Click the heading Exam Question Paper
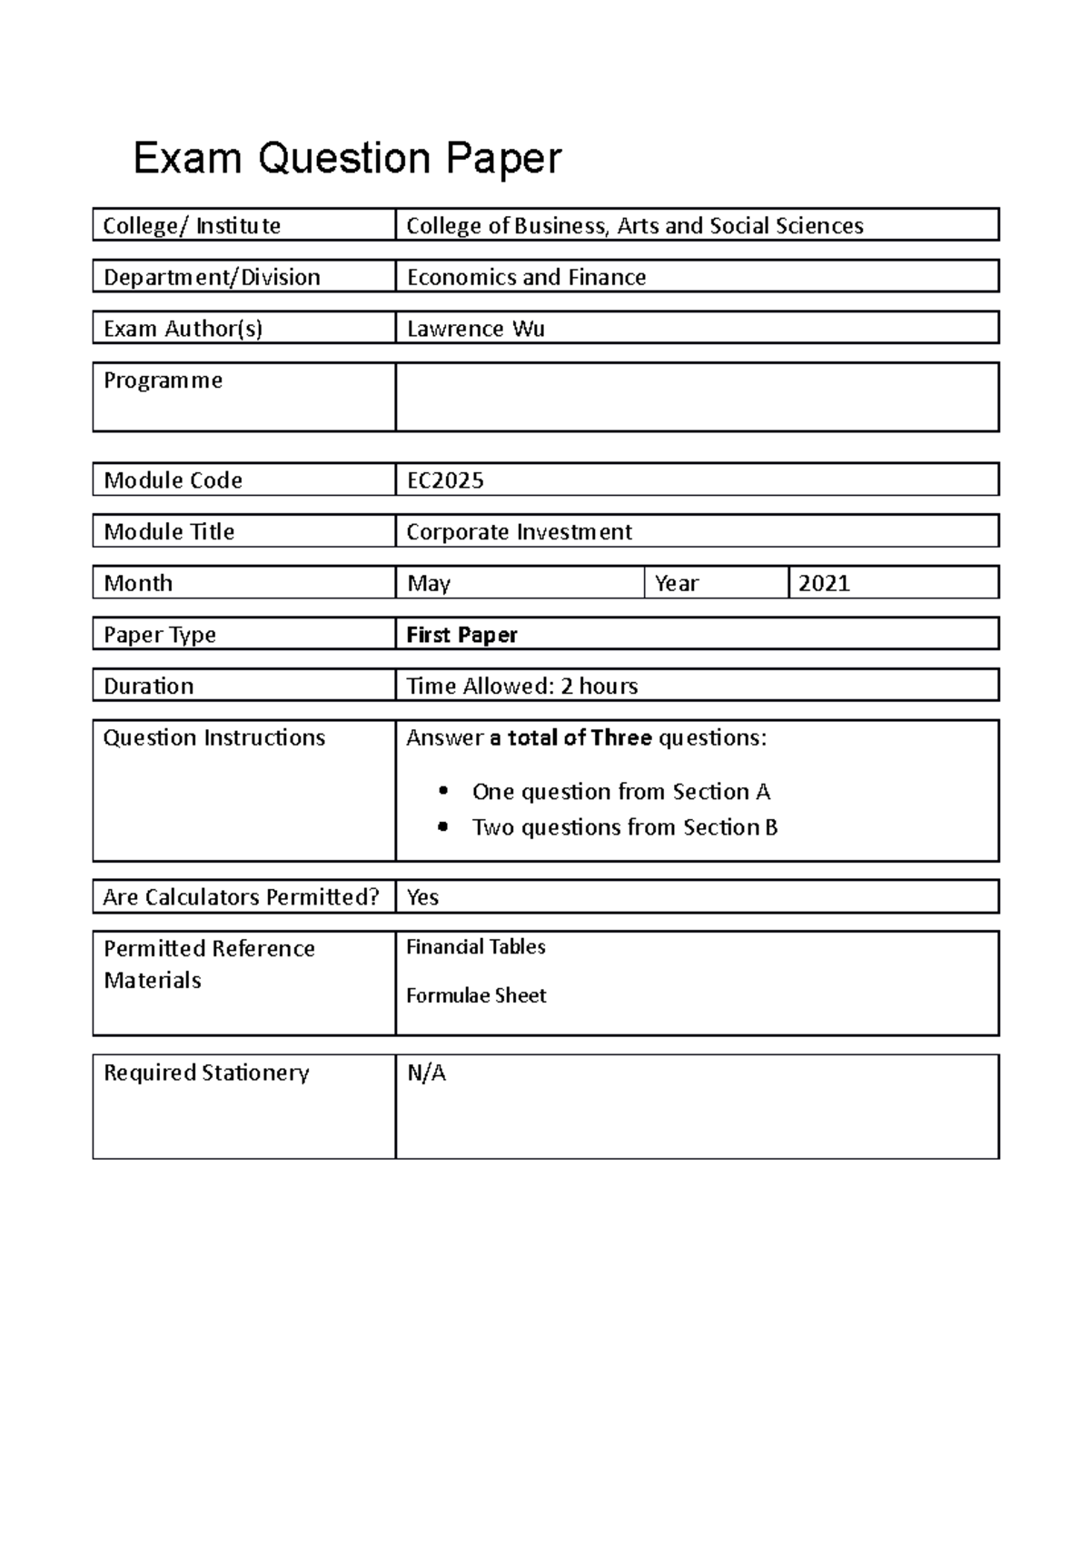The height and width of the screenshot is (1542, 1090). [347, 159]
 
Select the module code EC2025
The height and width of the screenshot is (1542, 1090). [445, 480]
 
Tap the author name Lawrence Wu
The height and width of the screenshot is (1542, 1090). [475, 329]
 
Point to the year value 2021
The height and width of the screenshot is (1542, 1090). [824, 583]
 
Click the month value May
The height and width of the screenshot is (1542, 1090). [429, 583]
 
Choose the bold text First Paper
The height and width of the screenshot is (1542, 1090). [461, 635]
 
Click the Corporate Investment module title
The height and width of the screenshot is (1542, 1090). [519, 532]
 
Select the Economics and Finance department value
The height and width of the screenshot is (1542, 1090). [526, 277]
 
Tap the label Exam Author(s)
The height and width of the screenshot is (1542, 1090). [183, 329]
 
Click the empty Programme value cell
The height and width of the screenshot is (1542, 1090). [697, 397]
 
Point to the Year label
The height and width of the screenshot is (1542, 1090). [677, 583]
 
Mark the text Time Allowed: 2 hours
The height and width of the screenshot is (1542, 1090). [521, 686]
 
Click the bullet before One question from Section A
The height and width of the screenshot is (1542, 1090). [443, 791]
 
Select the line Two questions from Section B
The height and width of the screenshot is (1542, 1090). [624, 827]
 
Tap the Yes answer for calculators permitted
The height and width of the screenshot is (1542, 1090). [422, 897]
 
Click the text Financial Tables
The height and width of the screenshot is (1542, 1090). [475, 947]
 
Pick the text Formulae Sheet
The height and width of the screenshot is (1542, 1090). [476, 995]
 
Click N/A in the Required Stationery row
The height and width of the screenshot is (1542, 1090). [426, 1073]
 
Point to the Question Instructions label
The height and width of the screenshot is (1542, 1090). [213, 737]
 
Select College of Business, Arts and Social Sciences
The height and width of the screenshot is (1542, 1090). [634, 225]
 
